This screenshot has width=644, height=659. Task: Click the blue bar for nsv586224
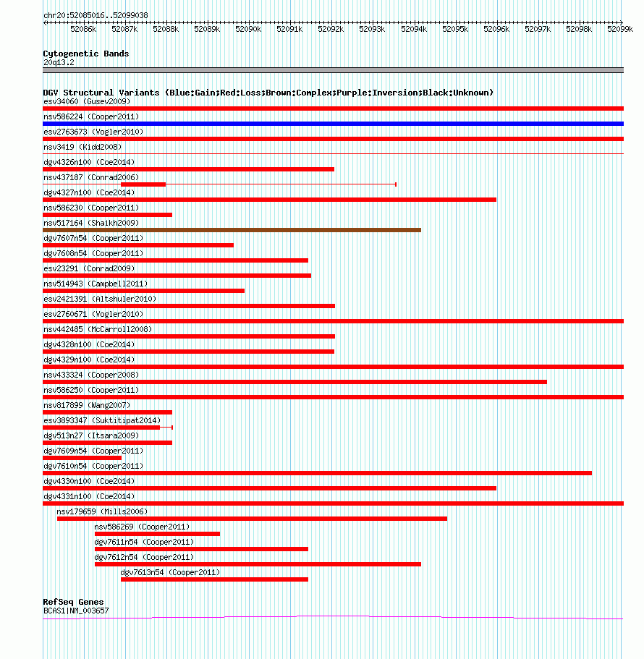333,124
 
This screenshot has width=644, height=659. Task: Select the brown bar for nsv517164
232,230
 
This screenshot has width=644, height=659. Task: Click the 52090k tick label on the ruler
248,29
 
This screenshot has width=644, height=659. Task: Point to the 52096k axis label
496,29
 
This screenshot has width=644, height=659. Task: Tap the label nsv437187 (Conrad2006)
91,177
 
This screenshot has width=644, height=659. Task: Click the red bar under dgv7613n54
214,579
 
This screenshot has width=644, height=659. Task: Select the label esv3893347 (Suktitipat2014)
102,420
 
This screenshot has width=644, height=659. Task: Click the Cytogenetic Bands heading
86,54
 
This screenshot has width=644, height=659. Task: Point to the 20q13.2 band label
59,62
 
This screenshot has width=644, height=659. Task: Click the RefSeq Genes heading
73,602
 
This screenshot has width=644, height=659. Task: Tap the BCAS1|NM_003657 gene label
76,611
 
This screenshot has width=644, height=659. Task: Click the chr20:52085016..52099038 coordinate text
96,15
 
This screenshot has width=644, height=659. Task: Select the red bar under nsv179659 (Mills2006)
252,519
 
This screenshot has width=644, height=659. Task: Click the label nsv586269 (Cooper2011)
142,527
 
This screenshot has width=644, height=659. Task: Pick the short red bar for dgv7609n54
82,458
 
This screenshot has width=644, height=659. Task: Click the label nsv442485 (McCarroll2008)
98,329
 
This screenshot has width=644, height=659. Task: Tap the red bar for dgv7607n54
138,245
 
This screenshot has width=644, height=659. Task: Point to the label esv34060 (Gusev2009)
87,101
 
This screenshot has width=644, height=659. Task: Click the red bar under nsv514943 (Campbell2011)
144,291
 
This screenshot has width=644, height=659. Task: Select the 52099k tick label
620,29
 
